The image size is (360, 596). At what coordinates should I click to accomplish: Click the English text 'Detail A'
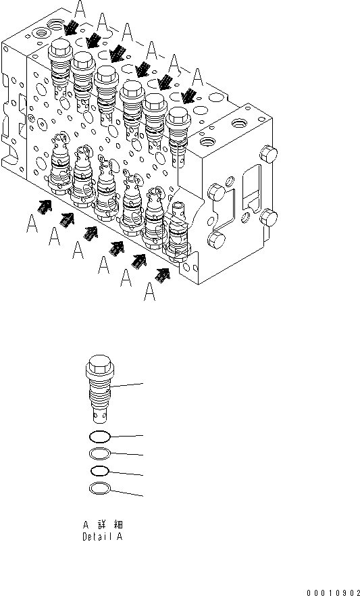(103, 537)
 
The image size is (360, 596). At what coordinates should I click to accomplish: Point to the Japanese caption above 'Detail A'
(103, 525)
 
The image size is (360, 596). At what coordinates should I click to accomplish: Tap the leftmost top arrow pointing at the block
(71, 28)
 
